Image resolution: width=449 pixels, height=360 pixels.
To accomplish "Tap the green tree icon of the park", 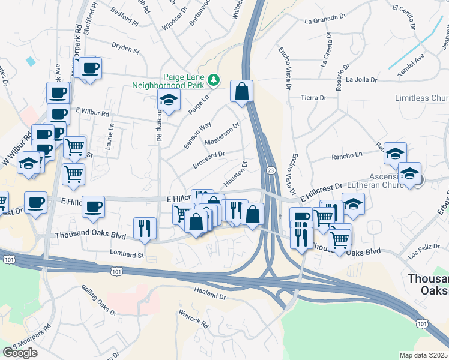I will tap(212, 80).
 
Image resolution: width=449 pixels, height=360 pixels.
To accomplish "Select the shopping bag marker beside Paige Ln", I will tap(241, 92).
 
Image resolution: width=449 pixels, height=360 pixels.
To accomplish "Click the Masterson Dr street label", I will tap(222, 133).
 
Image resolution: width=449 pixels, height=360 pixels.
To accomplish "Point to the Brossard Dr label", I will tap(209, 159).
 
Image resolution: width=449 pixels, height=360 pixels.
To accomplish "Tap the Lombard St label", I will tap(127, 254).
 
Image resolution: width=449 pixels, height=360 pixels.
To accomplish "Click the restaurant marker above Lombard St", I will tap(145, 228).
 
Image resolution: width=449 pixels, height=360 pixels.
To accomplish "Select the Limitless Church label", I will tap(421, 98).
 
